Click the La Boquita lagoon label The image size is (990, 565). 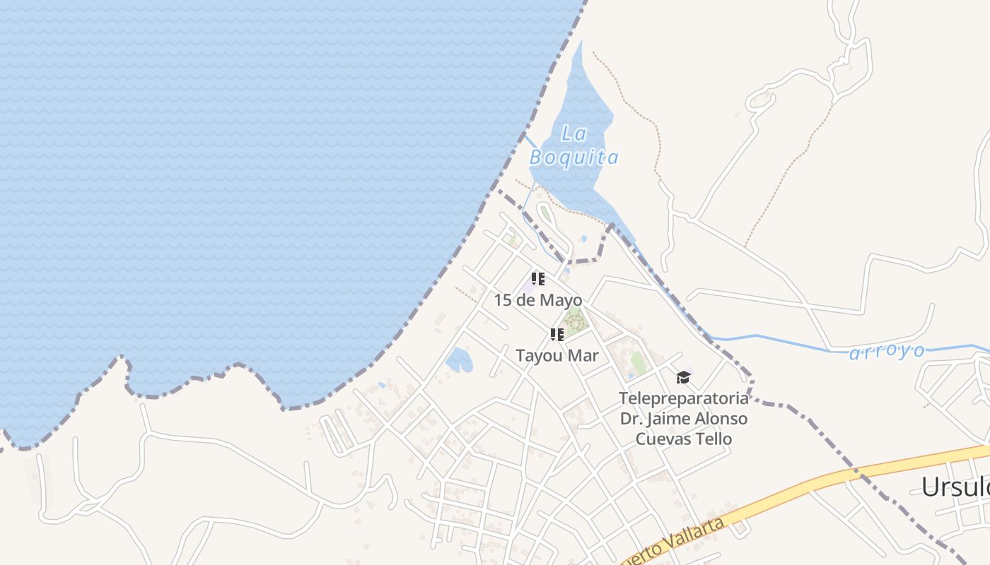(574, 145)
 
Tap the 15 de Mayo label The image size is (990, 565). (537, 300)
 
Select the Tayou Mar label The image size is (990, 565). (557, 356)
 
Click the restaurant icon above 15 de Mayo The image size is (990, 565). (538, 279)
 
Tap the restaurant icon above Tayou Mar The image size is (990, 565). (557, 335)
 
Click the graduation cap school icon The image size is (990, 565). (682, 378)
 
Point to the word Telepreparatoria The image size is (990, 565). (683, 398)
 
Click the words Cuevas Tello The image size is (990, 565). (683, 439)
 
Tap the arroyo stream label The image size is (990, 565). (887, 351)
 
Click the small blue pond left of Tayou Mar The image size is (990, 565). (459, 360)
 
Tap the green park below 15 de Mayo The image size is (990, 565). (575, 321)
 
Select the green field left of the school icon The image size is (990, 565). (639, 363)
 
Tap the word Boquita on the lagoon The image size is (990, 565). (574, 157)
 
